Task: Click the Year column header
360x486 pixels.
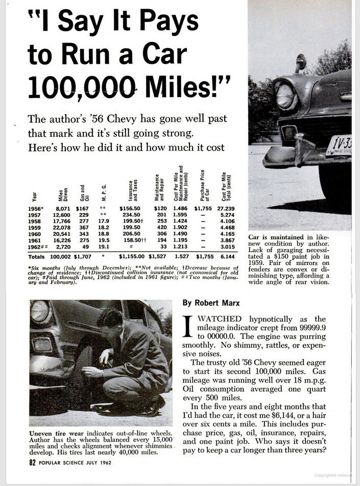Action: tap(34, 196)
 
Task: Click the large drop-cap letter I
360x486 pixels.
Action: tap(187, 327)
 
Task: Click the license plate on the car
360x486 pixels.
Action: tap(339, 145)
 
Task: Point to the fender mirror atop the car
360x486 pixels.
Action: tap(300, 62)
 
